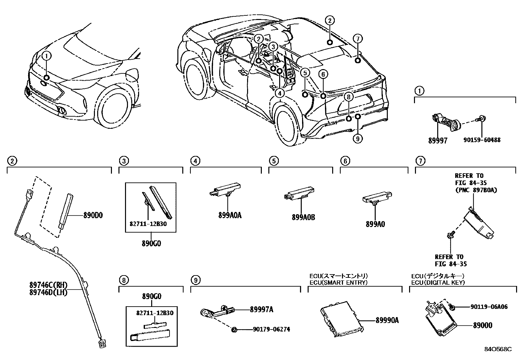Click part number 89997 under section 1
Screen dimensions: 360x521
point(438,140)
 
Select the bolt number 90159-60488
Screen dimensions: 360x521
point(482,140)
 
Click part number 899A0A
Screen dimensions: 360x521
point(230,216)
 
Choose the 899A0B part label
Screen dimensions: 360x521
point(303,217)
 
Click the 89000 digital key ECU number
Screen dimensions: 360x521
point(482,325)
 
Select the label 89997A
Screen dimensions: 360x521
point(261,310)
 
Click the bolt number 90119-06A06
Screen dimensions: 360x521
point(489,307)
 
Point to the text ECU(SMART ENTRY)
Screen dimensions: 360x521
point(338,282)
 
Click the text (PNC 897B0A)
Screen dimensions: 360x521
point(476,190)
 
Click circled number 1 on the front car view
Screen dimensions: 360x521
point(46,56)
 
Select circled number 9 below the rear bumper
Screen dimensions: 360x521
point(357,139)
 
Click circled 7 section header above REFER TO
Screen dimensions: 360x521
point(420,161)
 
